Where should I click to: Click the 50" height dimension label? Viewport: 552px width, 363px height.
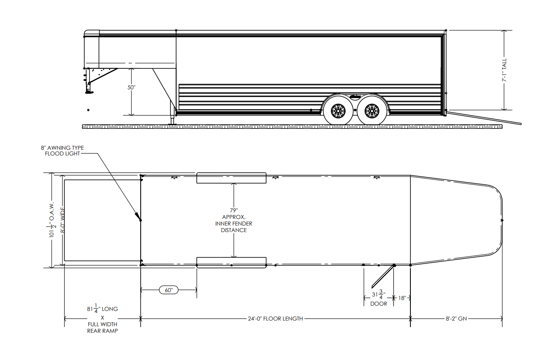click(132, 87)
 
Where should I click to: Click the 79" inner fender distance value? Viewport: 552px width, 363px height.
click(234, 210)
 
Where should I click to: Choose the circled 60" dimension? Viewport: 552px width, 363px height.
click(169, 290)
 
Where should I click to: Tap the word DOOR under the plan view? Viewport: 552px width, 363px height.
click(378, 303)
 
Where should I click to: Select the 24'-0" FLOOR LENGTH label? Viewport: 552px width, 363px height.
click(275, 319)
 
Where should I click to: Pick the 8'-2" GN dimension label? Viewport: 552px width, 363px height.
click(456, 319)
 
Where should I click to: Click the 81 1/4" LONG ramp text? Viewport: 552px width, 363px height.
click(102, 309)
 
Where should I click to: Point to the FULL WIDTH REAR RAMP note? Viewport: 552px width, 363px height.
click(102, 328)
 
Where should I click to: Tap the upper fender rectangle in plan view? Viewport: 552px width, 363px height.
click(231, 178)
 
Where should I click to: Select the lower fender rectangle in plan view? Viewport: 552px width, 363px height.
click(231, 262)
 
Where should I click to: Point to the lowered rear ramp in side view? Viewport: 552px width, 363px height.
click(483, 119)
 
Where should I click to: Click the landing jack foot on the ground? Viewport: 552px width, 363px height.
click(172, 124)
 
